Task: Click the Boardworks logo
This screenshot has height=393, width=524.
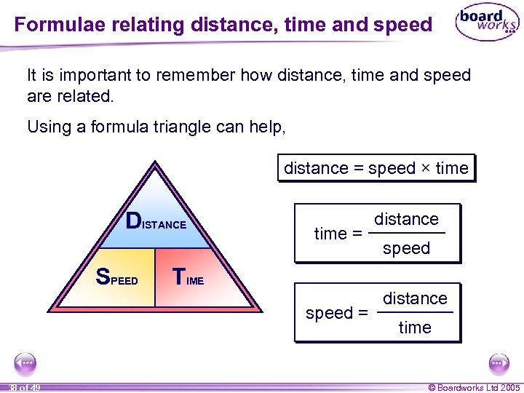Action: pos(487,24)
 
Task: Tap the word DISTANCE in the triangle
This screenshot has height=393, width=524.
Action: pos(156,222)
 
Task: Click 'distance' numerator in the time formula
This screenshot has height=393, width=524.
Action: pos(406,219)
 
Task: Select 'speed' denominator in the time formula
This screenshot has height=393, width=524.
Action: pos(406,248)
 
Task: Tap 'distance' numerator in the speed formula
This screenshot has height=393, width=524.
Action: pos(415,298)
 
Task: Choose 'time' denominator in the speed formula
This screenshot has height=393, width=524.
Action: pos(415,327)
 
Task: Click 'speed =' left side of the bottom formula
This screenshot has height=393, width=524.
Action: pos(336,314)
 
